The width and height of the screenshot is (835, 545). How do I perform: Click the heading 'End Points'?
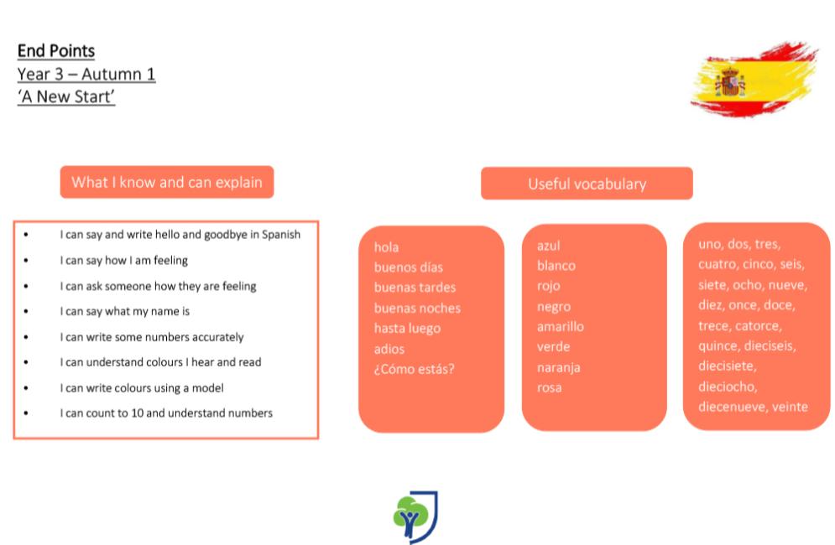(56, 51)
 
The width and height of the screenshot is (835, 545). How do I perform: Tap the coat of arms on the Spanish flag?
(730, 82)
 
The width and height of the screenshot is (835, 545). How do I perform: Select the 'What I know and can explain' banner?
(167, 182)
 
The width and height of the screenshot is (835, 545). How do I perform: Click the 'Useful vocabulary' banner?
(587, 184)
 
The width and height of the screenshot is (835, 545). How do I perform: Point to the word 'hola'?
(386, 247)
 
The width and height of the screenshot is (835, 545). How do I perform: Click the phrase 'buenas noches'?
(417, 309)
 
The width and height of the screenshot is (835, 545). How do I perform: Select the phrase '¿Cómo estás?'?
(414, 369)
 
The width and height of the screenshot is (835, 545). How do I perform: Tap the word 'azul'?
(549, 246)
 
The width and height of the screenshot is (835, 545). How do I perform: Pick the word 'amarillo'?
(561, 326)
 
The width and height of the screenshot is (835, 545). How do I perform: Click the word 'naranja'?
(559, 368)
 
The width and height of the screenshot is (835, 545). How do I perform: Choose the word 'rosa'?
(549, 388)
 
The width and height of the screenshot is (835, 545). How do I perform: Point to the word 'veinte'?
(790, 407)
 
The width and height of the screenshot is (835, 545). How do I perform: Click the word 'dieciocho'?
(728, 387)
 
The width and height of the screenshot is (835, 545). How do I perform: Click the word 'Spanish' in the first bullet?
(280, 235)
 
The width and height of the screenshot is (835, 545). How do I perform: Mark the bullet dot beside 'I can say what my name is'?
(25, 311)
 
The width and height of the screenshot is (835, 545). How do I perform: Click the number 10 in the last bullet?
(138, 413)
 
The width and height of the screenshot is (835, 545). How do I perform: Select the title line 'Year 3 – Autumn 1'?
(86, 74)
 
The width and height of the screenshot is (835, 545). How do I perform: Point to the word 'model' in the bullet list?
(207, 388)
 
